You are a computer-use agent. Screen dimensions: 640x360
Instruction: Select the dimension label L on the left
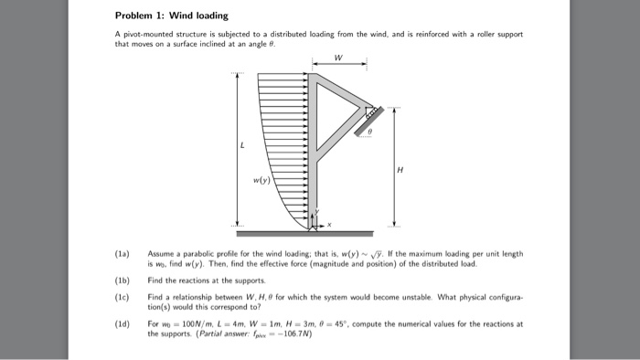(x=243, y=146)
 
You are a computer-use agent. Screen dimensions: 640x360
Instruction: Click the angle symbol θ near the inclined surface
(x=368, y=132)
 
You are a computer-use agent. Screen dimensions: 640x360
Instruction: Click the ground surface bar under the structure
(x=315, y=233)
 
